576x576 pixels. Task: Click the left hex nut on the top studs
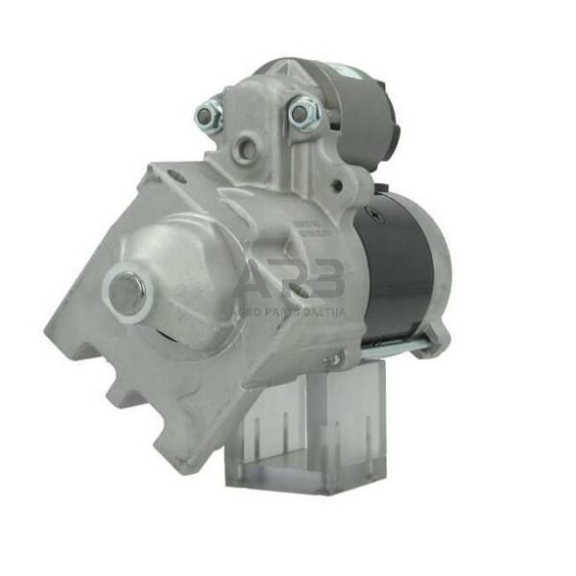tap(209, 116)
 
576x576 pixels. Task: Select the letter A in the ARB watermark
tap(257, 278)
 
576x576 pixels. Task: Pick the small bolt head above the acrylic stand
tap(334, 360)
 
